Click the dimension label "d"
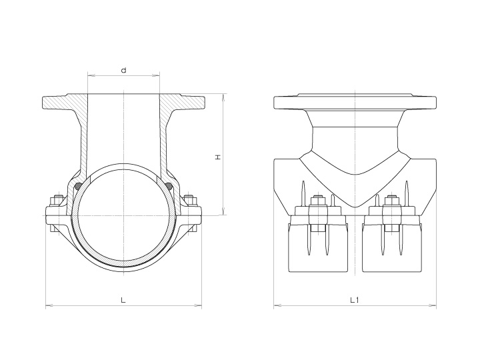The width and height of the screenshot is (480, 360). click(x=123, y=69)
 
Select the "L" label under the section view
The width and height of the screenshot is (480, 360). click(x=123, y=300)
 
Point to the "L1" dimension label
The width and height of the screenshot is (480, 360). click(x=355, y=300)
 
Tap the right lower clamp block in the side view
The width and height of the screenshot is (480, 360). click(x=392, y=247)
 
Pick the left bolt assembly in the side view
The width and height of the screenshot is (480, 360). click(x=317, y=213)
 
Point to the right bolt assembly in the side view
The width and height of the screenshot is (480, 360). click(x=392, y=213)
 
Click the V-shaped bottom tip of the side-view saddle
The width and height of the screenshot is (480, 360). click(x=355, y=205)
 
